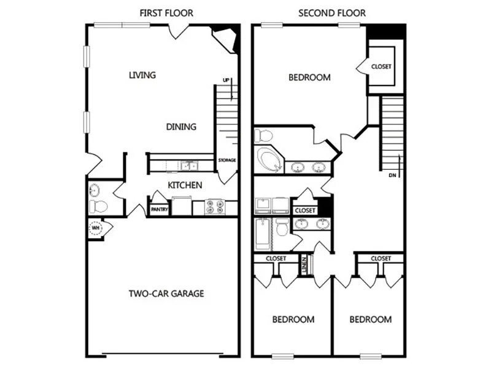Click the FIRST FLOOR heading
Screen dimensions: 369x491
(x=167, y=13)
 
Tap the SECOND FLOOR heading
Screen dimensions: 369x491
(x=331, y=13)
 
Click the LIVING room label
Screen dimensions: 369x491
(x=142, y=75)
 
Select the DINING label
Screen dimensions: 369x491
(x=181, y=127)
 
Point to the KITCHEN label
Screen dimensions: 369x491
(x=185, y=184)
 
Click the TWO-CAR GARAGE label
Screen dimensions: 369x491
(x=166, y=293)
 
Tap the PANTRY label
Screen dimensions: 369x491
(x=160, y=208)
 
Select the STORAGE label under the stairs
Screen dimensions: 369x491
(x=226, y=161)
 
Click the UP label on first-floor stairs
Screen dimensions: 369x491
(x=227, y=81)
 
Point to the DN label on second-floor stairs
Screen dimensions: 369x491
(x=393, y=176)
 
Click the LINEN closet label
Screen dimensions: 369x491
(x=304, y=265)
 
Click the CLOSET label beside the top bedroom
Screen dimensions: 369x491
(x=381, y=66)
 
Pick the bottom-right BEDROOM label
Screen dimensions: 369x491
(x=370, y=320)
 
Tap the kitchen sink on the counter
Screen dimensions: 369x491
(x=187, y=165)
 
